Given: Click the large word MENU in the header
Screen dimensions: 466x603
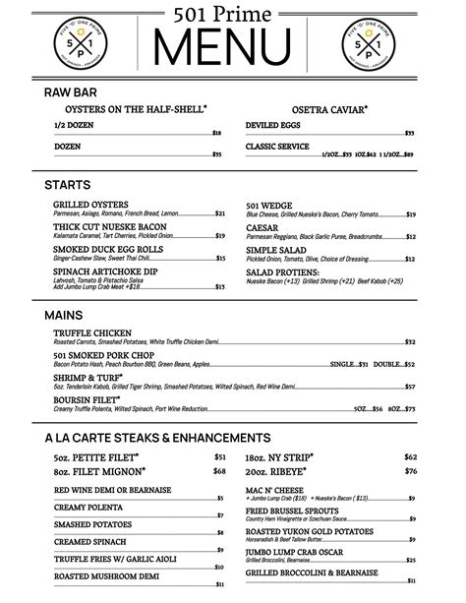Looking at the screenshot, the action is [x=232, y=45].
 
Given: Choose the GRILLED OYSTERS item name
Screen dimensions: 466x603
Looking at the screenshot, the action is [x=90, y=205].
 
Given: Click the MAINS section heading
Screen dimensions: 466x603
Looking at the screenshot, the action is [x=64, y=316].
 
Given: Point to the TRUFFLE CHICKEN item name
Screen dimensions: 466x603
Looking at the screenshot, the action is [x=94, y=333].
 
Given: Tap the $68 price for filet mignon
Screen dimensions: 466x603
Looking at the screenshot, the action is [x=219, y=470].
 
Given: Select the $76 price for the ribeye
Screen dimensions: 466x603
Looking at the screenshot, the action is [x=410, y=470].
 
